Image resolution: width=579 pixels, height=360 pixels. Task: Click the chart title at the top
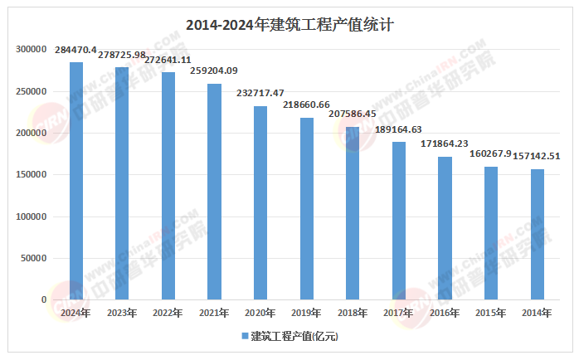click(x=289, y=25)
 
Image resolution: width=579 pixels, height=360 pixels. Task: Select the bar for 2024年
click(x=76, y=181)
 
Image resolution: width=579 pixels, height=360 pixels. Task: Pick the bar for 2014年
click(x=537, y=234)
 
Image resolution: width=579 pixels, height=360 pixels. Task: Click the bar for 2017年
click(x=399, y=221)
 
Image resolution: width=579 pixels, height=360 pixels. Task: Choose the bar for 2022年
click(x=168, y=186)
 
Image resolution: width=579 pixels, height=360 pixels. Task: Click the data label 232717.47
click(x=260, y=93)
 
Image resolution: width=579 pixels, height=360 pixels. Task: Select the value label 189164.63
click(x=399, y=129)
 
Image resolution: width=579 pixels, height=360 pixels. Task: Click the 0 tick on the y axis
click(x=43, y=299)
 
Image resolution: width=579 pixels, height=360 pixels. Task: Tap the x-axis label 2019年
click(x=306, y=313)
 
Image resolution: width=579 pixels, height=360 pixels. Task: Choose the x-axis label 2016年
click(x=445, y=313)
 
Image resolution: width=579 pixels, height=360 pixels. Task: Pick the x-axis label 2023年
click(x=122, y=313)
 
